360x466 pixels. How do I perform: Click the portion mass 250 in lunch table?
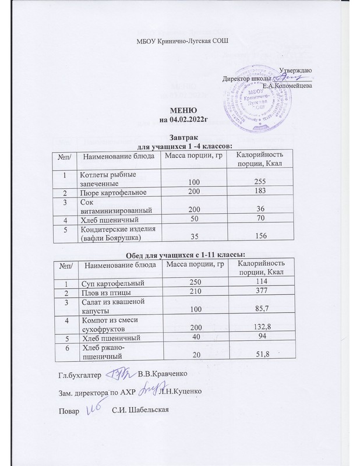tap(192, 282)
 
